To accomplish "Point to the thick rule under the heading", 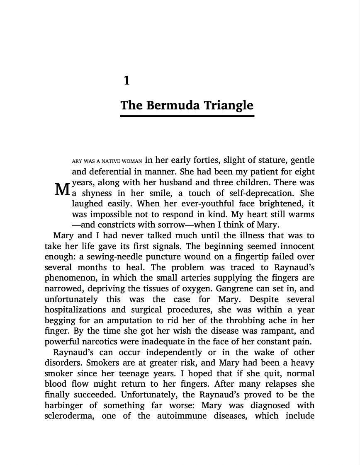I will coord(187,116).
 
